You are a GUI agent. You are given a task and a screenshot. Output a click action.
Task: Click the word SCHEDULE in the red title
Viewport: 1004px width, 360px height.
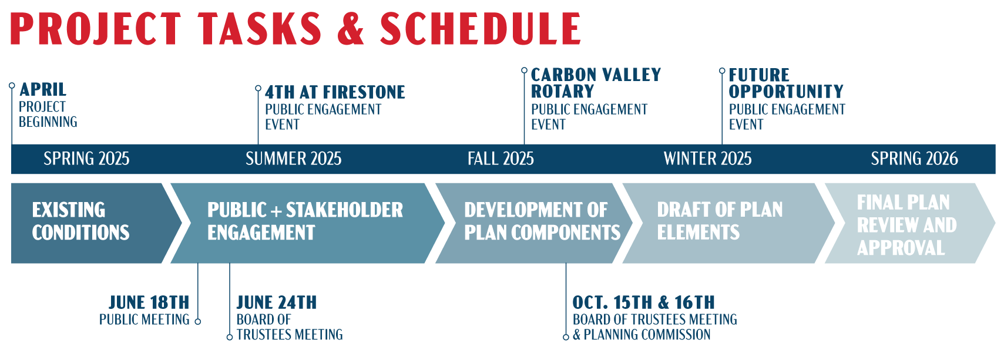click(x=480, y=29)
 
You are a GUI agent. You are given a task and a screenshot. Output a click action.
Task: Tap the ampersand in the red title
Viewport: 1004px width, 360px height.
click(x=351, y=29)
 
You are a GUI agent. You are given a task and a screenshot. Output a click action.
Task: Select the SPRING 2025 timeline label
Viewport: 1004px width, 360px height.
click(x=86, y=159)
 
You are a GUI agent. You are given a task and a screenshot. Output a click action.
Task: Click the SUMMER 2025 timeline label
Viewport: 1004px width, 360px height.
click(x=293, y=159)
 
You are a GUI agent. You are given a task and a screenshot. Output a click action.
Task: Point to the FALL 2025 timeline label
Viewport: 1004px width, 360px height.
click(x=501, y=159)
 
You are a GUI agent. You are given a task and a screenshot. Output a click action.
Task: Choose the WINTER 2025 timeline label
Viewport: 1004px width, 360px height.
click(x=707, y=159)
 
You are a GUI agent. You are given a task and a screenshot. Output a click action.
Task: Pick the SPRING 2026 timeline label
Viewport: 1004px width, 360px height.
click(x=914, y=159)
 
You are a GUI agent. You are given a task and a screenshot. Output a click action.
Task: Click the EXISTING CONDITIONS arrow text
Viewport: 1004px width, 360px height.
click(x=80, y=221)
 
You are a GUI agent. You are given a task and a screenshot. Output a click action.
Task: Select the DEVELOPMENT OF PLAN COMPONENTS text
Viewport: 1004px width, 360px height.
click(x=542, y=221)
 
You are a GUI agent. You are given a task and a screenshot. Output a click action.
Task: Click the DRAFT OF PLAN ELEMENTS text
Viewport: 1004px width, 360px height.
click(x=720, y=221)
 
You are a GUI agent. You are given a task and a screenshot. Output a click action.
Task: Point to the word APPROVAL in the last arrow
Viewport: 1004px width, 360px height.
click(x=901, y=248)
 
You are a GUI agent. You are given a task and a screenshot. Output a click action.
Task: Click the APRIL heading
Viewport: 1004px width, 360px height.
click(x=43, y=89)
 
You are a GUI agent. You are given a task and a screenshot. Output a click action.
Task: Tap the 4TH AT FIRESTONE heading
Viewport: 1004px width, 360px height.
click(x=335, y=92)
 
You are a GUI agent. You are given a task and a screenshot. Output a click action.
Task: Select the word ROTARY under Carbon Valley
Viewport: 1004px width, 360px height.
click(x=562, y=92)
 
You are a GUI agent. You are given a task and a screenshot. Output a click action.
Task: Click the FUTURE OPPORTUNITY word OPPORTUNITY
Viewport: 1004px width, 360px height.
click(x=786, y=92)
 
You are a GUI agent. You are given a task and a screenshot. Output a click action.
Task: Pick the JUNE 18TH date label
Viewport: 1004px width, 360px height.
click(x=149, y=302)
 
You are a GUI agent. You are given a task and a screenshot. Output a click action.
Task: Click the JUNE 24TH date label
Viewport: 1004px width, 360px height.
click(x=277, y=302)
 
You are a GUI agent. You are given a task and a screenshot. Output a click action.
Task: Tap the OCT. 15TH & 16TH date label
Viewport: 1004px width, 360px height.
click(x=643, y=302)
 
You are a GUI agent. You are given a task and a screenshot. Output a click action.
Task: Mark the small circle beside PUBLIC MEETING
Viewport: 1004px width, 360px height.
click(x=198, y=321)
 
